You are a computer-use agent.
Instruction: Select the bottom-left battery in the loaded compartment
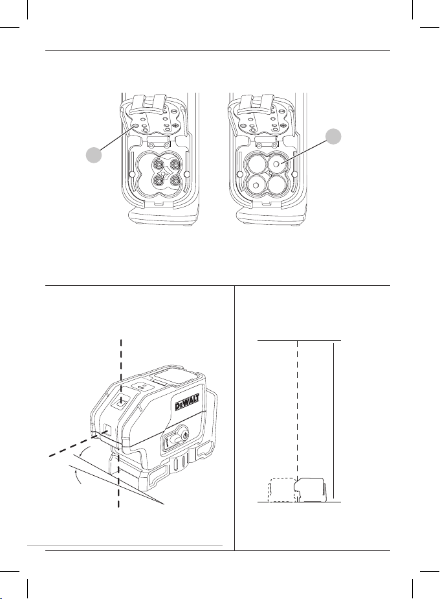point(256,185)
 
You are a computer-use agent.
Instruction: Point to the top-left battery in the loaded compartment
point(256,165)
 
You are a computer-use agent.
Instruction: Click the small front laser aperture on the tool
point(104,430)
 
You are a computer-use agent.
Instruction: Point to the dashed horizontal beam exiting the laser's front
point(65,450)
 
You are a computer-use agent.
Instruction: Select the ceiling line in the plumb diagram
point(299,340)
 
